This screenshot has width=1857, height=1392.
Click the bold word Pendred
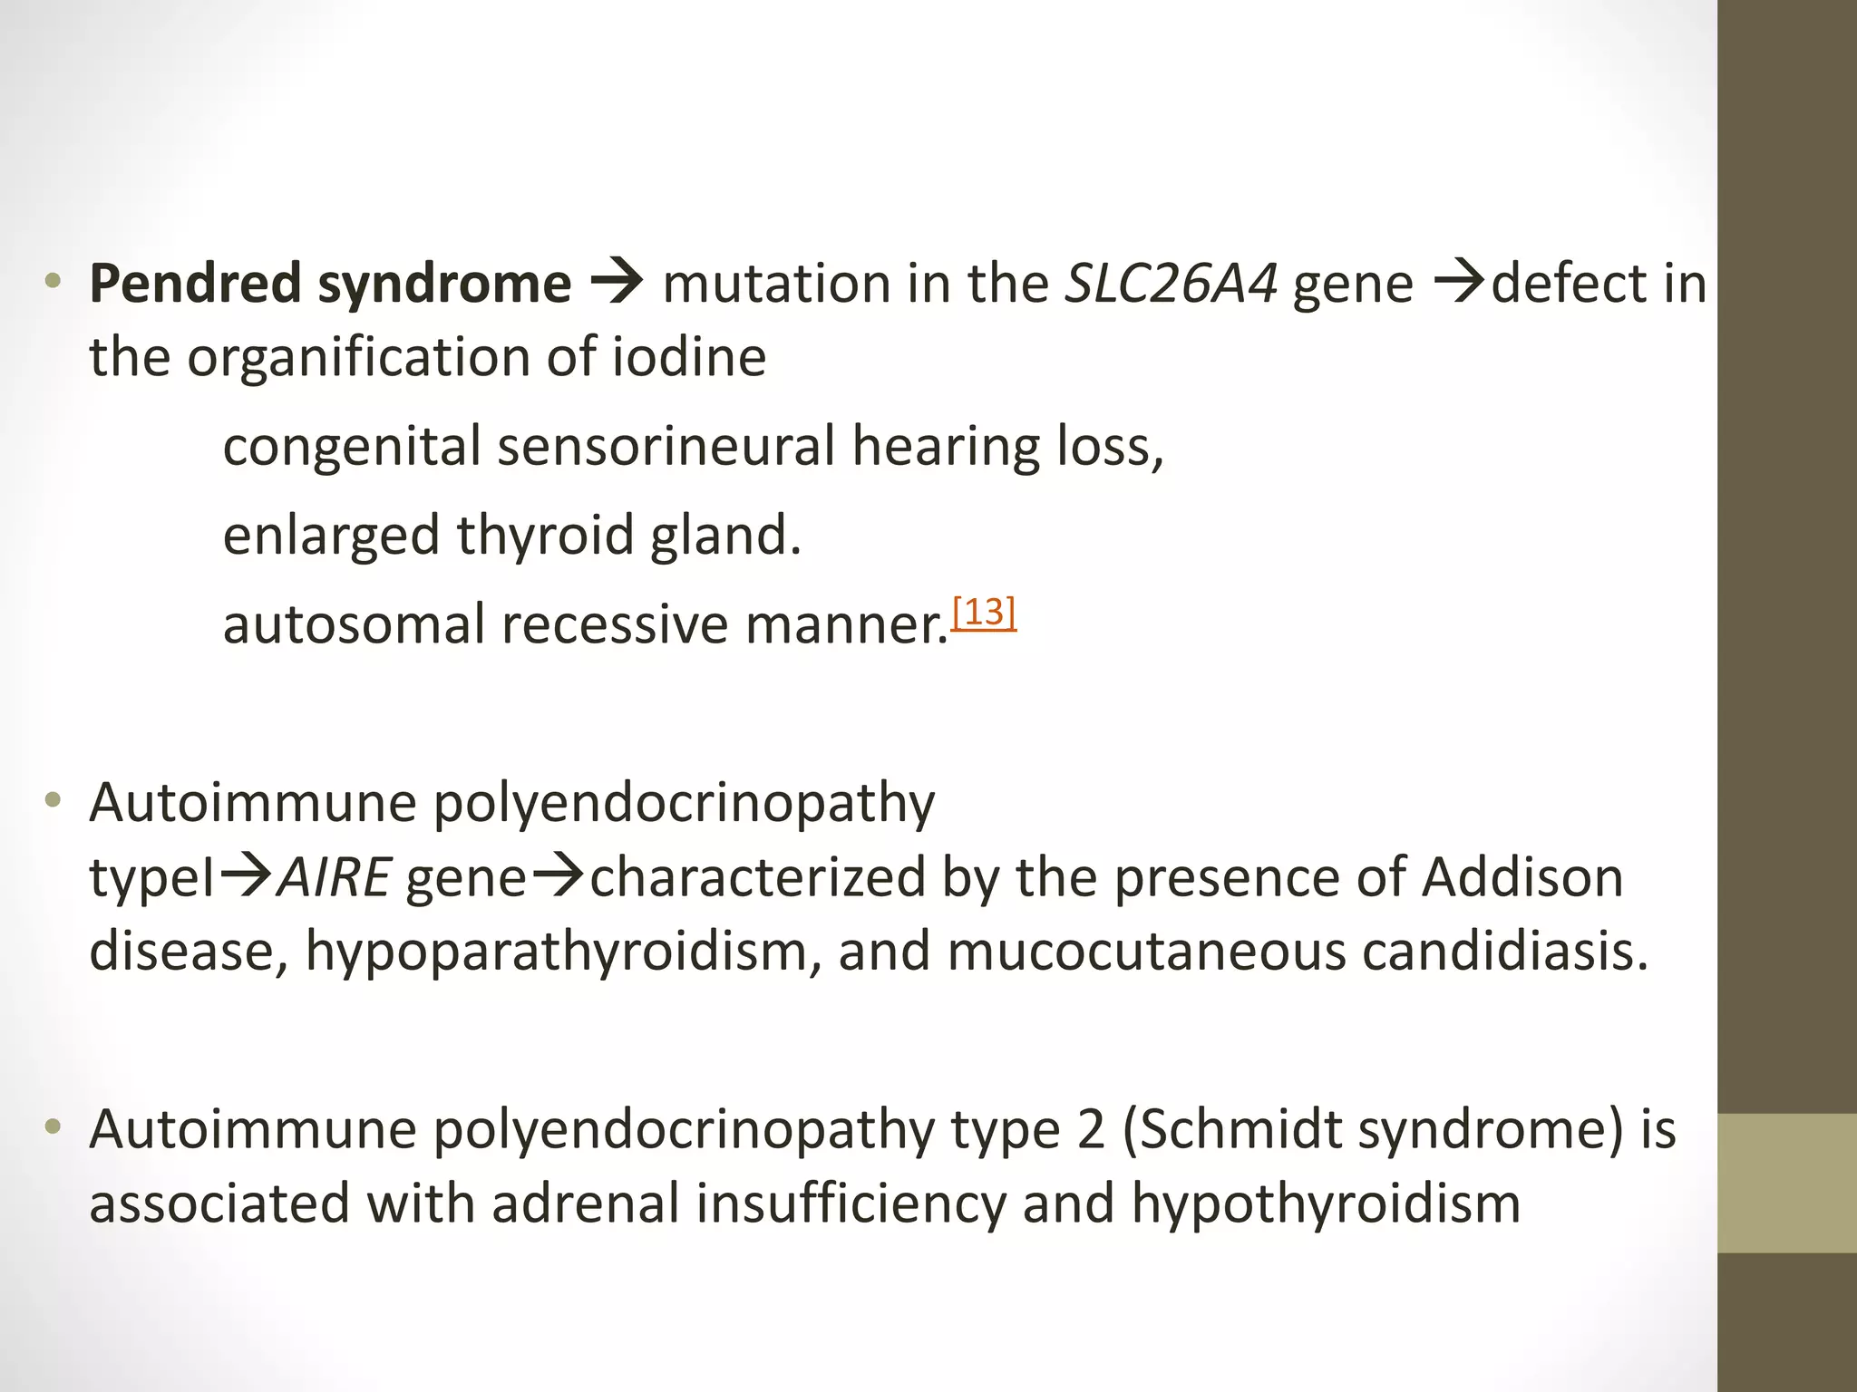195,284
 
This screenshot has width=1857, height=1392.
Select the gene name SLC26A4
1171,284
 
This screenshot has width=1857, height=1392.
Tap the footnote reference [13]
984,614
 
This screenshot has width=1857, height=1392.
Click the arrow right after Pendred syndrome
617,284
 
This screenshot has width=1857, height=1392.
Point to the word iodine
689,357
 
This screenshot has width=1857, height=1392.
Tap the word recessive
614,625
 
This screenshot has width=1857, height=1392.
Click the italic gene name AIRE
334,878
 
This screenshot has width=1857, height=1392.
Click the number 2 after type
1092,1131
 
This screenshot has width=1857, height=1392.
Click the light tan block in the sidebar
1787,1183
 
